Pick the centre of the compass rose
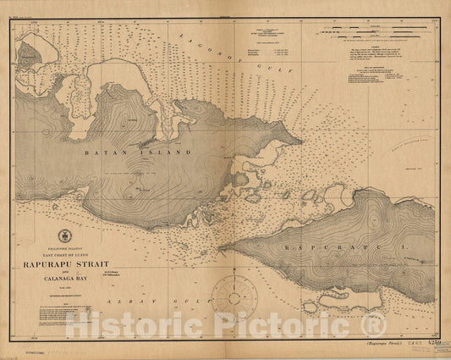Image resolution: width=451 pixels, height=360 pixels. click(x=234, y=296)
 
